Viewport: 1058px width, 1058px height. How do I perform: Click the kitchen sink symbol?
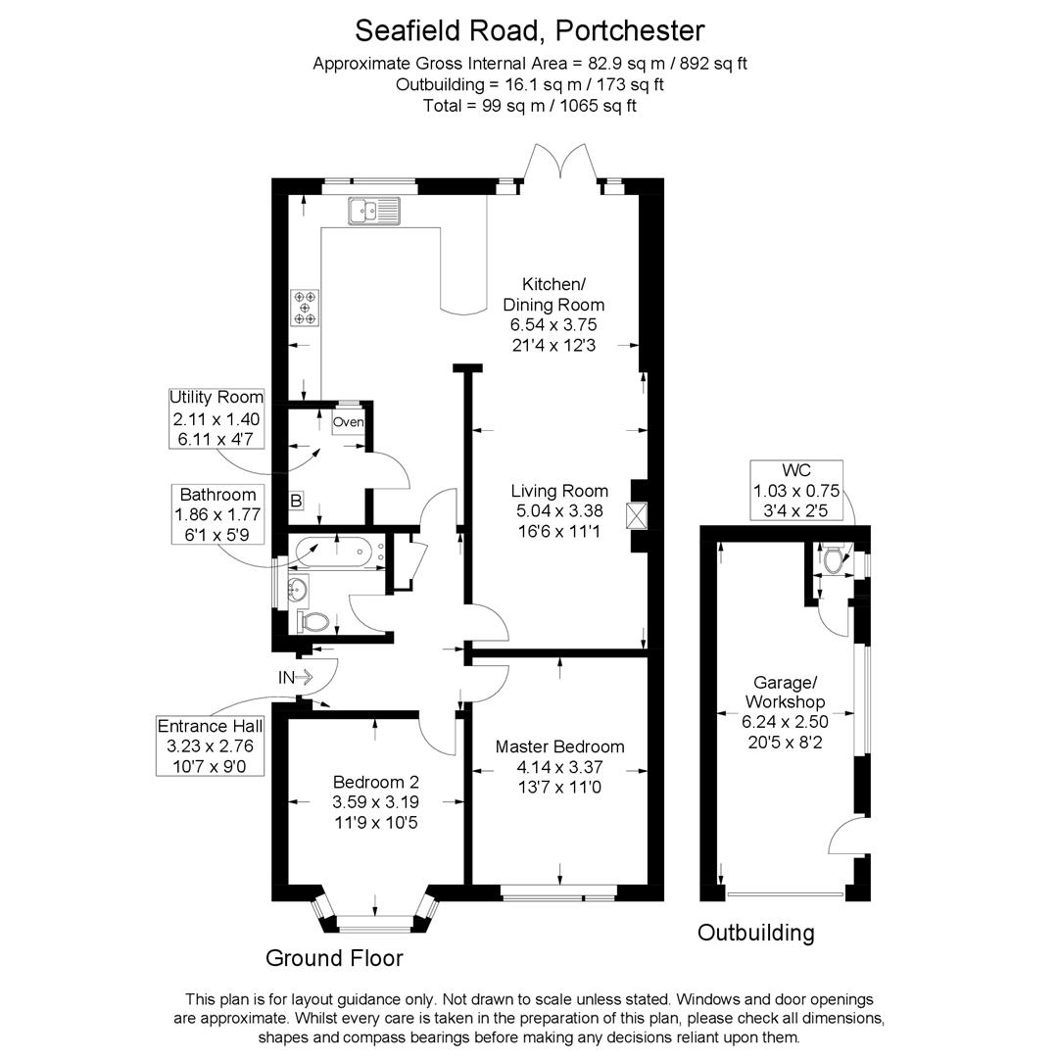coord(373,211)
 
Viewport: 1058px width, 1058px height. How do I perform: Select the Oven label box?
coord(349,422)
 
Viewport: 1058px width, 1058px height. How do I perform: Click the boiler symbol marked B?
coord(296,502)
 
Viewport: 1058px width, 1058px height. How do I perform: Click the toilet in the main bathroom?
coord(313,621)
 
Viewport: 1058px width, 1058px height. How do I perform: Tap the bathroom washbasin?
coord(297,589)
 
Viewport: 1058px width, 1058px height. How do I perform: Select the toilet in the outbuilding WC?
coord(835,560)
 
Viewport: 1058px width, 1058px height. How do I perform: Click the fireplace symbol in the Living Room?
coord(638,516)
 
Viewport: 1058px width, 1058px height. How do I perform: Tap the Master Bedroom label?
coord(559,746)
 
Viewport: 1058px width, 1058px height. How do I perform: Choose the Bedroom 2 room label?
coord(376,782)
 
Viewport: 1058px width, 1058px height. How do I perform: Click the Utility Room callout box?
coord(216,418)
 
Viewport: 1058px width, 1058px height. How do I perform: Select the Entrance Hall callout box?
coord(211,745)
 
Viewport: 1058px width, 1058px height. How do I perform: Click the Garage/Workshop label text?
coord(785,692)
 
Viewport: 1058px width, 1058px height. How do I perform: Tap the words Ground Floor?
coord(334,958)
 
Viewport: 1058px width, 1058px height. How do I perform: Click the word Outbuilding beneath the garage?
coord(755,933)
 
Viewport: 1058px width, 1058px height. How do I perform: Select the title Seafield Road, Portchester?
coord(529,30)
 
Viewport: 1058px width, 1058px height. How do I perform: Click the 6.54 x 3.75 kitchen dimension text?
coord(553,324)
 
